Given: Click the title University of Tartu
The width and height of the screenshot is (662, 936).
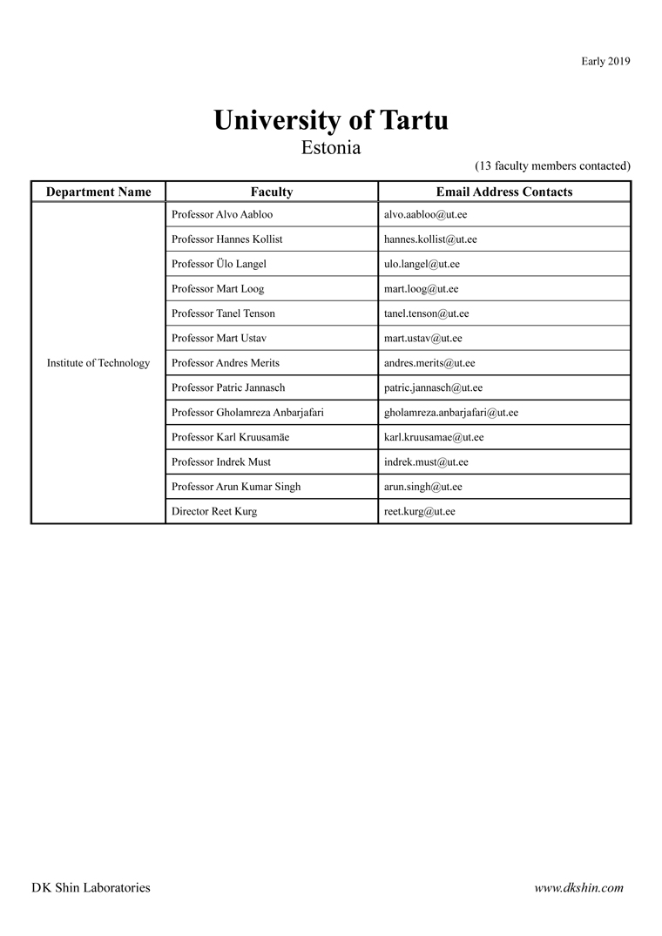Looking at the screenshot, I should [x=331, y=120].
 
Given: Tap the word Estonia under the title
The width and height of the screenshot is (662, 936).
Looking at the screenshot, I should [x=331, y=148].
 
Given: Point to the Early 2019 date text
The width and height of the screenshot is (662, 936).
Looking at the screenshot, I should [x=605, y=61].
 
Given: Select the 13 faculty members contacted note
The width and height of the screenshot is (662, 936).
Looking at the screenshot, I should [x=552, y=165].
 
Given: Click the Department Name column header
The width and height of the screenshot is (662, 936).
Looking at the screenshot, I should [x=98, y=192].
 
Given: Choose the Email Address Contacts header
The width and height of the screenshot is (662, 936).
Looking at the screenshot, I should [x=504, y=192].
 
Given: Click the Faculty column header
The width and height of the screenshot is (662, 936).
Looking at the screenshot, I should [x=272, y=192].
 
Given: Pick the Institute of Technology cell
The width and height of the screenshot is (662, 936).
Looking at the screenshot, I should [x=98, y=363].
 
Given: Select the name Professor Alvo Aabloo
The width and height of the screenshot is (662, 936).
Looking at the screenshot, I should [x=222, y=214].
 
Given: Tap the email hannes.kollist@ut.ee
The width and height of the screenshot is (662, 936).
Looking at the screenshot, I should [x=430, y=239].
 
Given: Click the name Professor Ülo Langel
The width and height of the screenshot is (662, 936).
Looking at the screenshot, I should [x=219, y=264].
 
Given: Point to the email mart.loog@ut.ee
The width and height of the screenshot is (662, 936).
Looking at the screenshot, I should [x=421, y=289].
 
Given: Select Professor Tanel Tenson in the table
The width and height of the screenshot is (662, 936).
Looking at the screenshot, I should [x=223, y=313].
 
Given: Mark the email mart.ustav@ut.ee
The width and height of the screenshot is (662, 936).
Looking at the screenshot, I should [x=422, y=338].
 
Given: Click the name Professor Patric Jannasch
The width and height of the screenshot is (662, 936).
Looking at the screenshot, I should [x=228, y=387].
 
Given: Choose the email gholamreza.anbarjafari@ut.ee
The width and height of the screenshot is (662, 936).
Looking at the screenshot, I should [x=450, y=413].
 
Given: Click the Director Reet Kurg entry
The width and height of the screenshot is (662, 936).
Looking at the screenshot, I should [x=214, y=512].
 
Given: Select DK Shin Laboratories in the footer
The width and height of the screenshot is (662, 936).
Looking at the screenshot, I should [x=91, y=888].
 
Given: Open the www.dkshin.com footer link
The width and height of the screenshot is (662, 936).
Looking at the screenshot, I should [x=578, y=888].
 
